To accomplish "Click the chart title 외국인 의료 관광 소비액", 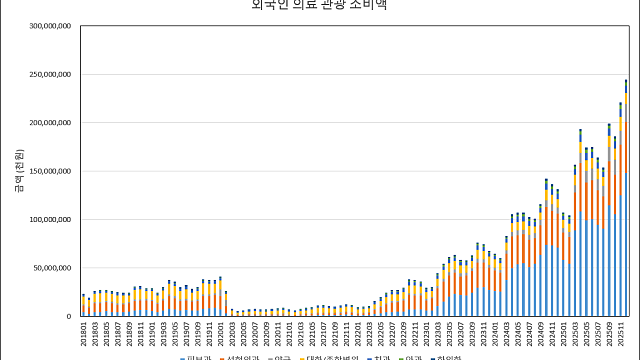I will coord(320,5).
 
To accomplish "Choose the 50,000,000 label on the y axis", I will coord(47,268).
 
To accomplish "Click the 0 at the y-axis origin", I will coord(67,316).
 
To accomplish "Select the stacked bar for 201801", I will coord(84,306).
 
